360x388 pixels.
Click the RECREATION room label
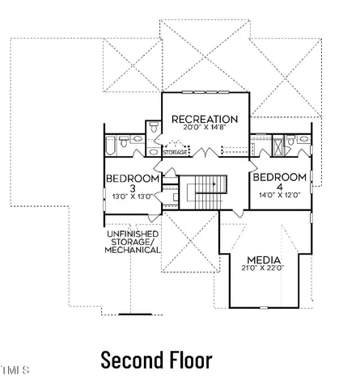coord(205,119)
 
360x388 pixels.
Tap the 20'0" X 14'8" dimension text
coord(204,127)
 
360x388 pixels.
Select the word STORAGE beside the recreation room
coord(175,153)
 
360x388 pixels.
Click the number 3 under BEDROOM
coord(133,188)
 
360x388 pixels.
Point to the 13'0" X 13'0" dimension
coord(133,196)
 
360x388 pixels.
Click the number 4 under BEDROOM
coord(280,187)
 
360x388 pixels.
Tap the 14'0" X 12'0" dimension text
coord(280,195)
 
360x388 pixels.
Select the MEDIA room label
coord(264,260)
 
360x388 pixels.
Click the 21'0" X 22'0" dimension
coord(263,268)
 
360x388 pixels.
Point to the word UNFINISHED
coord(133,234)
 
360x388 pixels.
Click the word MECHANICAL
coord(132,250)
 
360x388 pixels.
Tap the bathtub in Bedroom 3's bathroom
coord(111,145)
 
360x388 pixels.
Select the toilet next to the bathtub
coord(124,141)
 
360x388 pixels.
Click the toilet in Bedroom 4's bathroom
coord(290,140)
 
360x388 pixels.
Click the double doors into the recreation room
coord(205,152)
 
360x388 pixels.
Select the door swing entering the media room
coord(238,213)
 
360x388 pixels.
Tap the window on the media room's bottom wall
coord(264,308)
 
